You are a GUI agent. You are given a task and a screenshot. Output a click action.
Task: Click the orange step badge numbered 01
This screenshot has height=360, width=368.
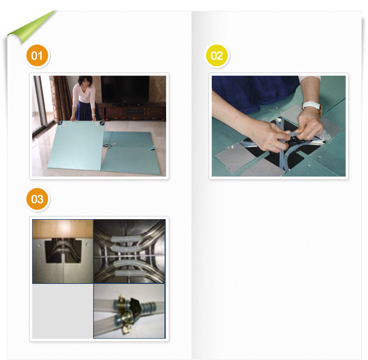coord(37,55)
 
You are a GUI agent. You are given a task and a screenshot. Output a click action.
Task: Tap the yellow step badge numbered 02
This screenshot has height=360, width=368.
coord(217,55)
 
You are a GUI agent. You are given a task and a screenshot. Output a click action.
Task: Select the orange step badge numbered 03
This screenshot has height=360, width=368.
coord(37,199)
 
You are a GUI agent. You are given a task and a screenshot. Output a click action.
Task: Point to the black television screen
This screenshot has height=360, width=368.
coord(125,89)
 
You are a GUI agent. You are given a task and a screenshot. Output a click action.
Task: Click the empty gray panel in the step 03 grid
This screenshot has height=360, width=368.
coord(63,311)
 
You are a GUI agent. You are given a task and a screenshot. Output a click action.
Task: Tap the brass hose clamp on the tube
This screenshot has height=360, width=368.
coord(124,312)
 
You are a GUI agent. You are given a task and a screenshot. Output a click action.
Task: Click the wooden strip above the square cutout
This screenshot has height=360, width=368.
coord(63,229)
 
